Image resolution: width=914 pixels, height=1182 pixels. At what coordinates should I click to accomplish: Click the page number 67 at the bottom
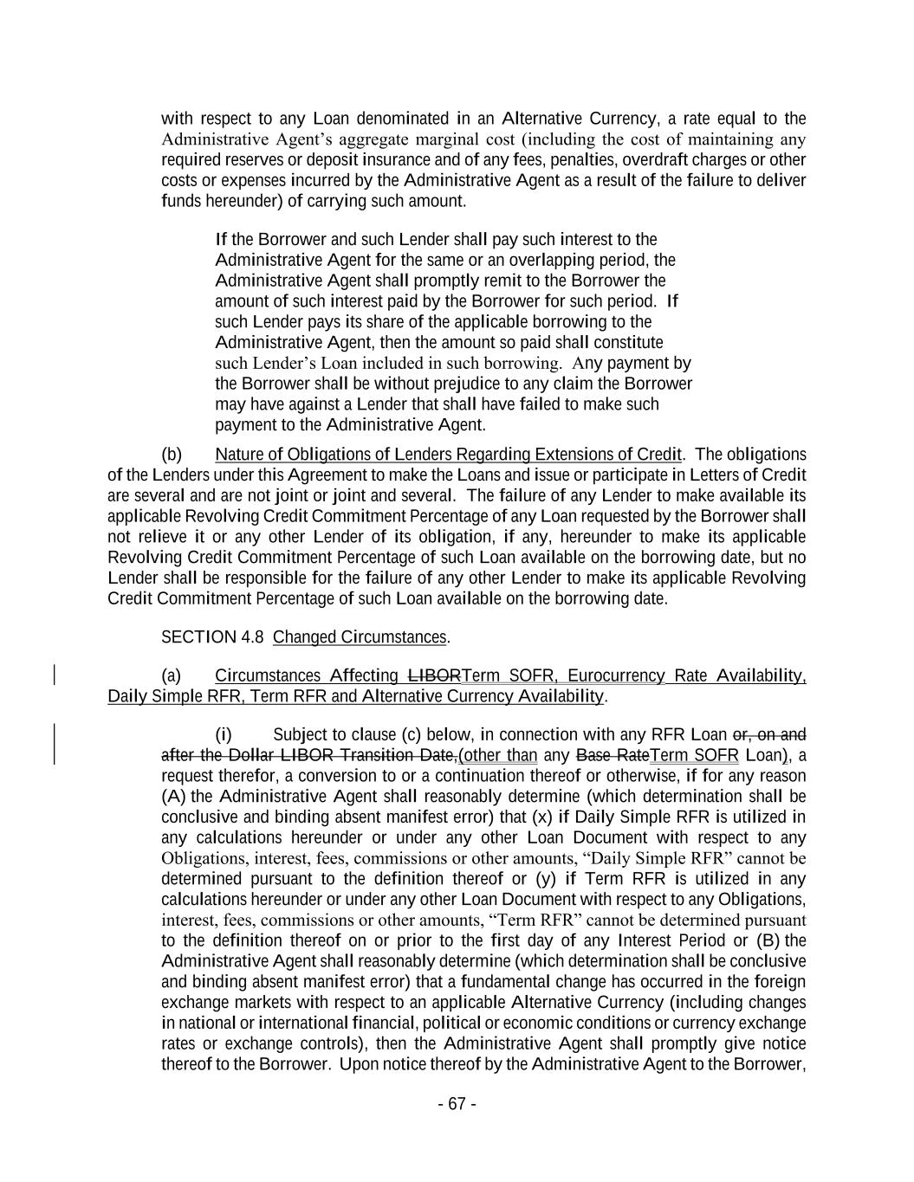pos(457,1104)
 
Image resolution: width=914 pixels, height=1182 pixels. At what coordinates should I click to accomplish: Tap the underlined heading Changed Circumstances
pos(360,637)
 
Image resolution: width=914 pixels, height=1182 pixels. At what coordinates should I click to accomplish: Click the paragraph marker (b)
pos(172,455)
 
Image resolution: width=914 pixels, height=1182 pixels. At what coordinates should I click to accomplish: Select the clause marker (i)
pos(224,735)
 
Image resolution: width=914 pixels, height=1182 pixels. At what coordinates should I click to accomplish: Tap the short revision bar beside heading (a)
pos(56,675)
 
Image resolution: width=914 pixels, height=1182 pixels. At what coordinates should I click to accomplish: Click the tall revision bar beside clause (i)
pos(56,745)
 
